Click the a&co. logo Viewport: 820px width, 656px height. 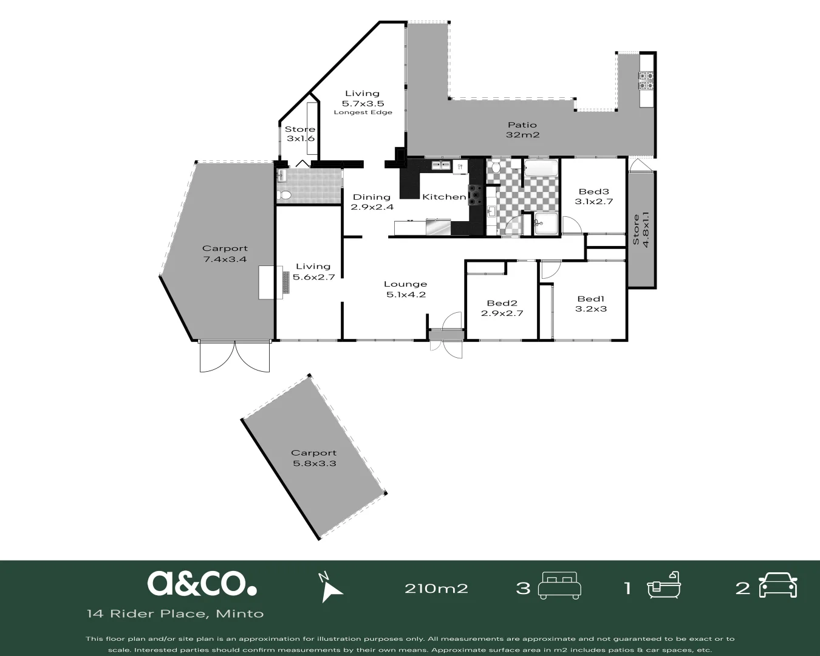pos(202,583)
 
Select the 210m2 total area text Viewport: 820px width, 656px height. pos(436,588)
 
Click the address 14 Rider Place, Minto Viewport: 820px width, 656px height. pos(175,613)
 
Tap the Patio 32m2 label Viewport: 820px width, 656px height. pos(522,130)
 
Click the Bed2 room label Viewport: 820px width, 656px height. pos(502,309)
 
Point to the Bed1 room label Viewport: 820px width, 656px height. pos(591,304)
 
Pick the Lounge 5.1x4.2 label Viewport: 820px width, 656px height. pos(405,289)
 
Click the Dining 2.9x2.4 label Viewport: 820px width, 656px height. pos(372,202)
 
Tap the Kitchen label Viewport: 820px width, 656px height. pos(443,197)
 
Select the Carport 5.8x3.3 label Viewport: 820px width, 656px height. pos(313,458)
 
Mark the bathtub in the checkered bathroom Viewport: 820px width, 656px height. pos(541,168)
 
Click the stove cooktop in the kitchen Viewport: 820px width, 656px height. pos(476,196)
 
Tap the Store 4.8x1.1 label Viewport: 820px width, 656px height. pos(641,230)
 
